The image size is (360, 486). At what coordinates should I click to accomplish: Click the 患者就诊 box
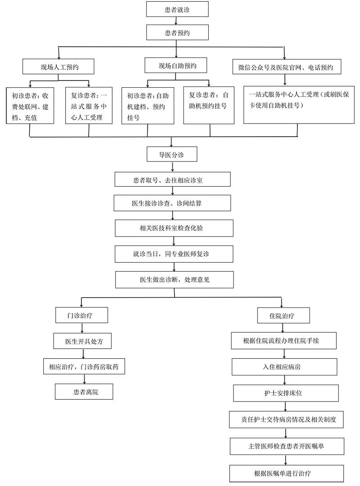click(x=177, y=9)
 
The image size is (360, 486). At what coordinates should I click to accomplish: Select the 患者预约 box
click(x=177, y=32)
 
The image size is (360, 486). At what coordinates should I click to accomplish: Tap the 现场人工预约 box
click(x=58, y=67)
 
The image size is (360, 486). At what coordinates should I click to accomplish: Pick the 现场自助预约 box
click(x=175, y=65)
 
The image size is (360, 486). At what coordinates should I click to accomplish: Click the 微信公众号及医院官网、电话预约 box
click(x=287, y=67)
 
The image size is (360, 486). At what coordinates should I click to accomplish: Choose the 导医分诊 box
click(x=171, y=154)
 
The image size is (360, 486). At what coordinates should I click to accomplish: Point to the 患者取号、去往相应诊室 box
click(x=172, y=179)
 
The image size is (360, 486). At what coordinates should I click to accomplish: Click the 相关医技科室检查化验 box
click(x=174, y=228)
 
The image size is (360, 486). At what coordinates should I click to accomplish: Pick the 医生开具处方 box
click(x=82, y=341)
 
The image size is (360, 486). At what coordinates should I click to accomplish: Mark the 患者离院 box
click(x=84, y=392)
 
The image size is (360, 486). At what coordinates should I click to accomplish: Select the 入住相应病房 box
click(x=284, y=367)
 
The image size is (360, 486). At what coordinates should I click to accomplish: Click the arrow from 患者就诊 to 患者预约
click(x=176, y=21)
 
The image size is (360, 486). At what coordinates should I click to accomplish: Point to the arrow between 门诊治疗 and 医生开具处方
click(x=82, y=328)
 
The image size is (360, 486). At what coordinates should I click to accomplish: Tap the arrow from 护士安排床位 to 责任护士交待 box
click(x=285, y=406)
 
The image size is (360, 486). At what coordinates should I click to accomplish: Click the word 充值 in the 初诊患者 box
click(x=31, y=118)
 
